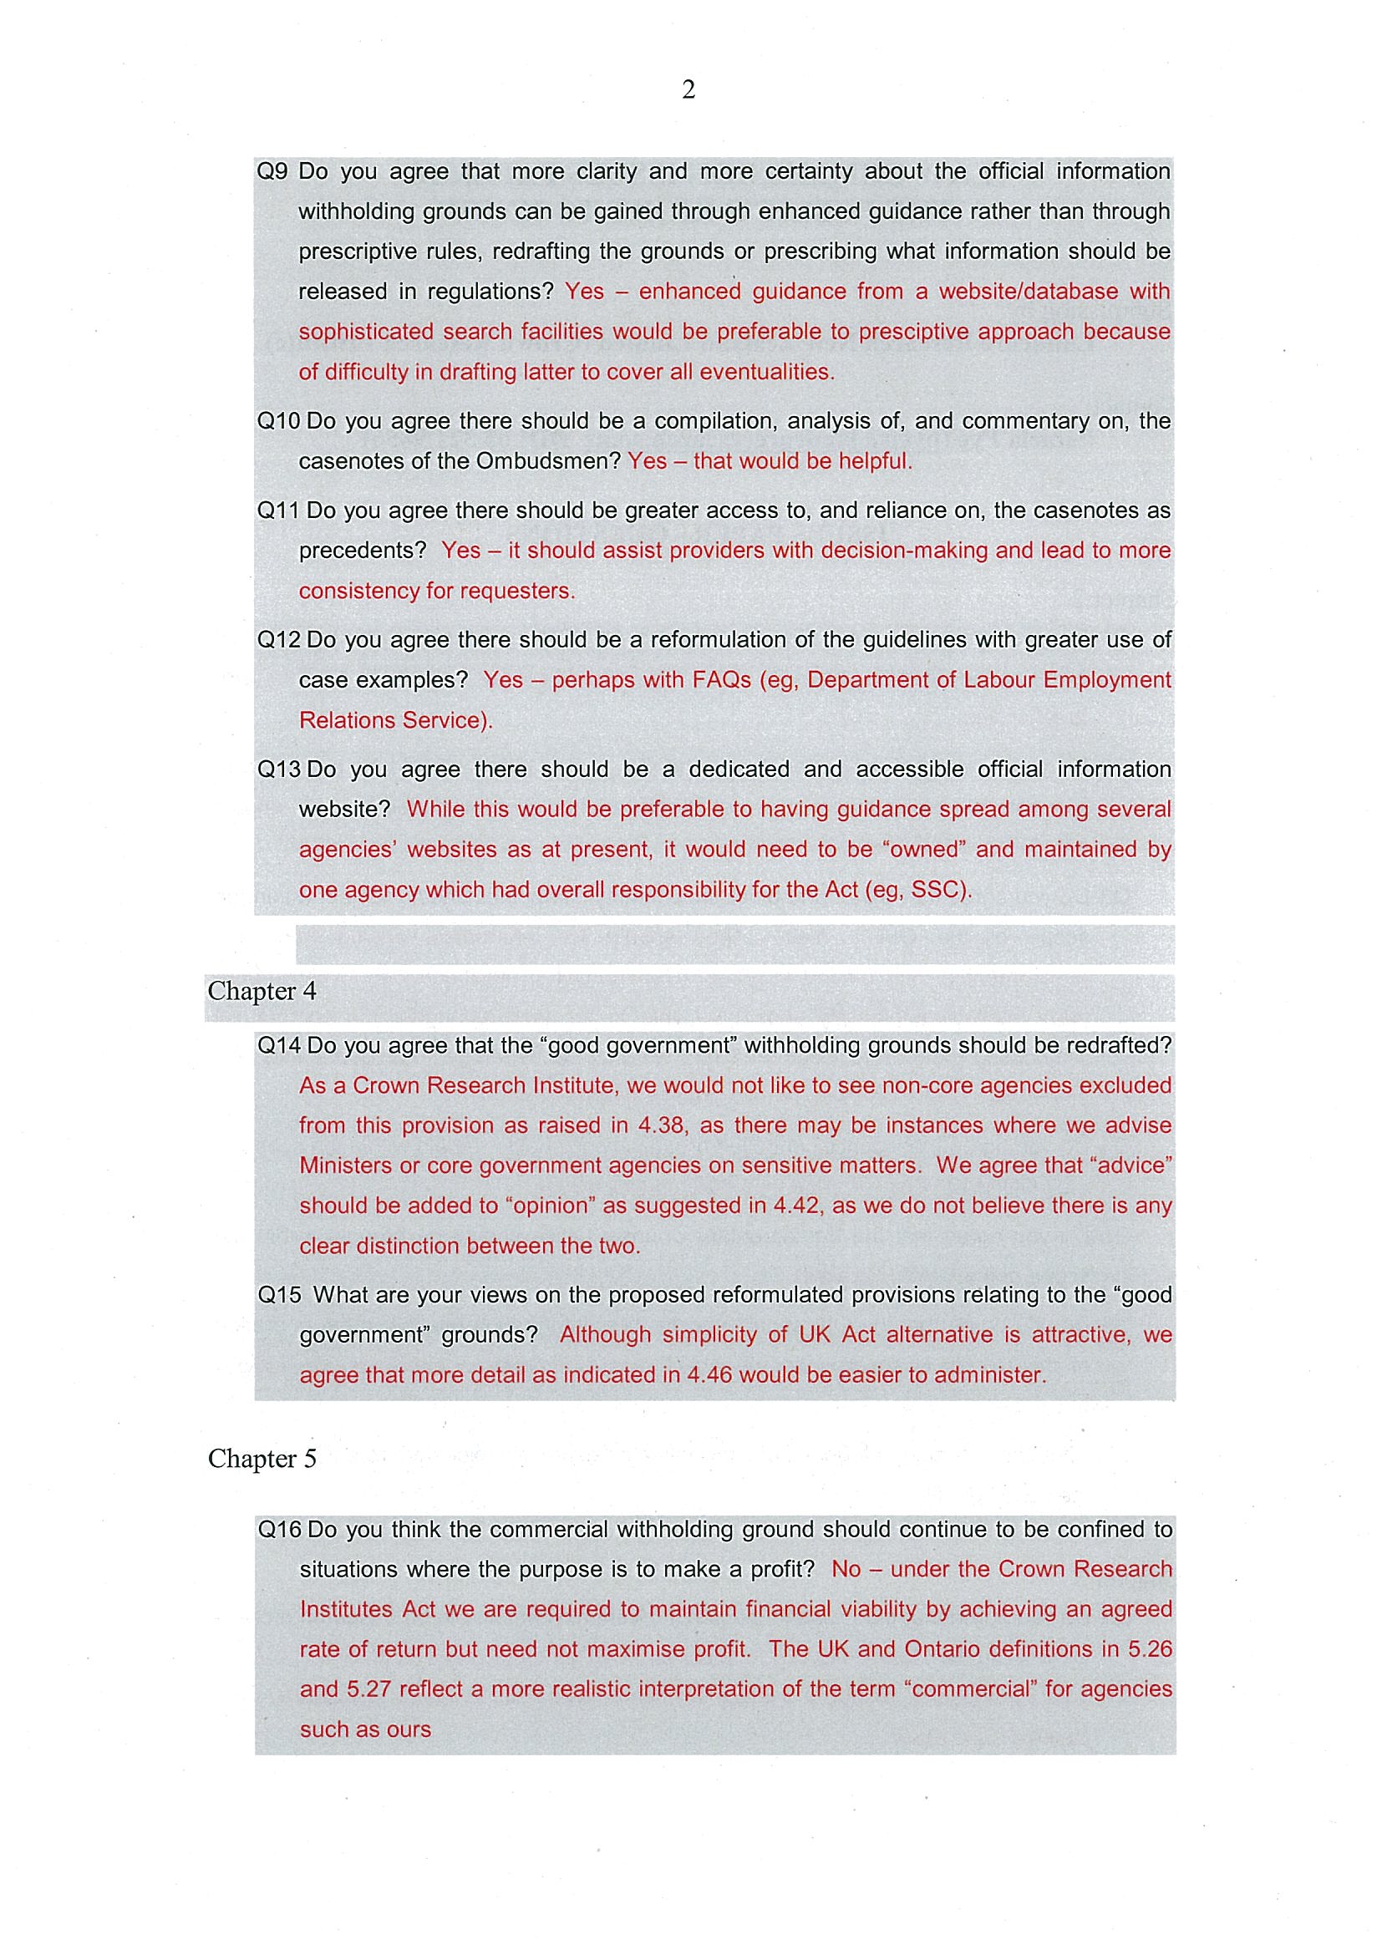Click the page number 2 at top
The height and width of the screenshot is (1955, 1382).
pos(688,89)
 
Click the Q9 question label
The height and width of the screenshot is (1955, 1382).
pos(272,171)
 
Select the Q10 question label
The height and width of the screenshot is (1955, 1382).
pos(278,421)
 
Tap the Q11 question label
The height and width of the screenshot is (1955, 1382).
pos(278,510)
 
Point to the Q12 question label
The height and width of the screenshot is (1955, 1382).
pos(278,640)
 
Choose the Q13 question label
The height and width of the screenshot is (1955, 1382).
pos(278,769)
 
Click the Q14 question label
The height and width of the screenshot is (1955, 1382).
pos(279,1046)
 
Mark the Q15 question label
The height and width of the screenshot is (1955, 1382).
pos(279,1295)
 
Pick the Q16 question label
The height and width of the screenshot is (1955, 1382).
pos(279,1530)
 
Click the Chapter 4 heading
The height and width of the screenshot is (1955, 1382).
pos(262,991)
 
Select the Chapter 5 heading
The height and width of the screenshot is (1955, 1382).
pos(262,1460)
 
